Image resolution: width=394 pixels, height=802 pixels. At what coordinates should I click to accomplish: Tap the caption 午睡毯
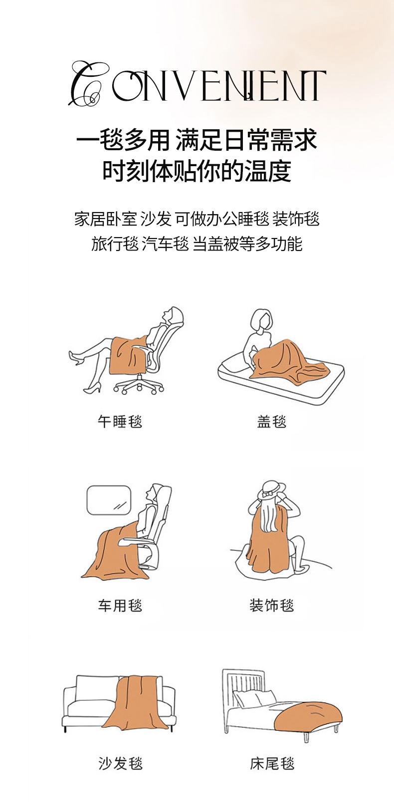[120, 421]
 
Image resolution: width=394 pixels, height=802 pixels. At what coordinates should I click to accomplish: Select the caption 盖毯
[272, 421]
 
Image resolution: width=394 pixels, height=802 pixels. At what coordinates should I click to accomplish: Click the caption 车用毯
[120, 605]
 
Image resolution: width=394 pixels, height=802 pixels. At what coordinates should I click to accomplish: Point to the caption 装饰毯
[272, 605]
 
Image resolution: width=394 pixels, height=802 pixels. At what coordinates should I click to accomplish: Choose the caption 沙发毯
[120, 763]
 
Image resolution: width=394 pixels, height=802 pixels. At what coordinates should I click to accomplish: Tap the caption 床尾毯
[272, 763]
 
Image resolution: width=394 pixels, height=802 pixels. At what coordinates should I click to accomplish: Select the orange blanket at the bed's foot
[307, 714]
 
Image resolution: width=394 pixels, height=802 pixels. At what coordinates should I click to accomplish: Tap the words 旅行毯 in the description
[115, 244]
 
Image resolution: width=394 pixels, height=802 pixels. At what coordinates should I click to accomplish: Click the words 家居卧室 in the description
[106, 219]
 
